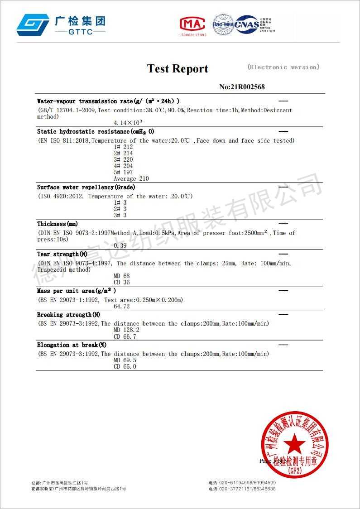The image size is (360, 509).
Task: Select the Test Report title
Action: coord(178,69)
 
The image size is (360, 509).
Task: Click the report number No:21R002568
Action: coord(242,87)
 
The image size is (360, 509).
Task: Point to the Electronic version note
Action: coord(283,67)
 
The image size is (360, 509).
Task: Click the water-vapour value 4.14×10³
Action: coord(129,123)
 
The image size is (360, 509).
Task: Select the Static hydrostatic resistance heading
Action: coord(96,132)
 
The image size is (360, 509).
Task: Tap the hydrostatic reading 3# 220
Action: coord(123,159)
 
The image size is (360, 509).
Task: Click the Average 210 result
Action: coord(131,178)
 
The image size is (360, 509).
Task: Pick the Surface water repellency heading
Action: coord(86,187)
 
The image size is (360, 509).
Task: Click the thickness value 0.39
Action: coord(120,245)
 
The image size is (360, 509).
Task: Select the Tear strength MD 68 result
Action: coord(121,276)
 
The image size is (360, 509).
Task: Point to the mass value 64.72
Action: coord(121,306)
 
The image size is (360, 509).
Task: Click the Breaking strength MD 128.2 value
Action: coord(126,330)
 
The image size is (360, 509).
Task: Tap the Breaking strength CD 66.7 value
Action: coord(125,336)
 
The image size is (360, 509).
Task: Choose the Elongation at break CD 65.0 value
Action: coord(125,366)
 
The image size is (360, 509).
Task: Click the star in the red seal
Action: coord(294,442)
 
